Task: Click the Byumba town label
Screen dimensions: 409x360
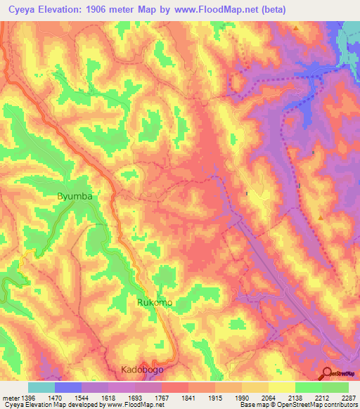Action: [75, 197]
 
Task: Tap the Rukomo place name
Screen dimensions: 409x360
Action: [154, 302]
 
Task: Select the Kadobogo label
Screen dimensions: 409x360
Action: [146, 370]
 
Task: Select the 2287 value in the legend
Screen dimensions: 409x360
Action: [349, 397]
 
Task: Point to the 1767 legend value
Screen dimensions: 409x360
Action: [162, 397]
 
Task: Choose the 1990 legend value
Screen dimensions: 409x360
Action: [242, 397]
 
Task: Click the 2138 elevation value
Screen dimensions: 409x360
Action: [295, 397]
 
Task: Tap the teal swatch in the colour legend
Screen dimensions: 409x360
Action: [41, 387]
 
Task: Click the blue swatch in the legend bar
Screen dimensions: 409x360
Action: [68, 387]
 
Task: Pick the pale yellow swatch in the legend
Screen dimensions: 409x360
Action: [282, 387]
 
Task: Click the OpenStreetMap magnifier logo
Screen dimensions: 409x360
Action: [327, 374]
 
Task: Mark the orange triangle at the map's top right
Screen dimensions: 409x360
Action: [297, 29]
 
